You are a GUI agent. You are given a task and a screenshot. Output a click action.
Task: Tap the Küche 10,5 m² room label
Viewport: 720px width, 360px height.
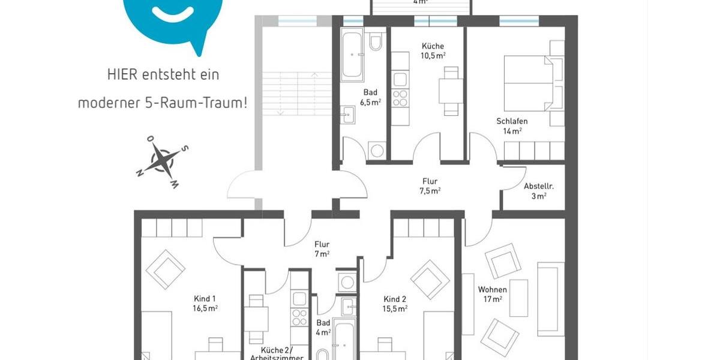pos(433,50)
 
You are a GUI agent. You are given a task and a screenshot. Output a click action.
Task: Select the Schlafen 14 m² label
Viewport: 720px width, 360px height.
pos(512,125)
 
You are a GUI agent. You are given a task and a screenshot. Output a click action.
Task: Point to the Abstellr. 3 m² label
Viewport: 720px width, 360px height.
pos(538,191)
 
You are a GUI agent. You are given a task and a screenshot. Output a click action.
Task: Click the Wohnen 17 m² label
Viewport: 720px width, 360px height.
pos(492,295)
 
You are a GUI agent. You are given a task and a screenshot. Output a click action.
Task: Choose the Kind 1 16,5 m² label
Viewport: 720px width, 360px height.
pos(205,303)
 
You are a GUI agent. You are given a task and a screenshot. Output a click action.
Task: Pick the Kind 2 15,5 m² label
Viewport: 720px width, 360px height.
pos(395,304)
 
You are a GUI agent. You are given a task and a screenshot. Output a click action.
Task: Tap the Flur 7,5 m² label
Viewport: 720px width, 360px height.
pos(429,185)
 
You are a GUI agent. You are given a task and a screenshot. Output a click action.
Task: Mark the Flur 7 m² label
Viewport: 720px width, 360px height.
pos(322,249)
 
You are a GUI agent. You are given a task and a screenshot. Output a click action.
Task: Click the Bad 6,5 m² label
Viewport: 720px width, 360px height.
pos(370,97)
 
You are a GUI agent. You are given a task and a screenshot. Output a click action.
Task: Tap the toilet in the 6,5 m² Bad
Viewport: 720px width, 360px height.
pos(376,42)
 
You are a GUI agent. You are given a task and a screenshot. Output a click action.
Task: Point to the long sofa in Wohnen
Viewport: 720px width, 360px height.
pos(550,298)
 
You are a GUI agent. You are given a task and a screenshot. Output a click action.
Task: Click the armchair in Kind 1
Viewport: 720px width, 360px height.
pos(165,269)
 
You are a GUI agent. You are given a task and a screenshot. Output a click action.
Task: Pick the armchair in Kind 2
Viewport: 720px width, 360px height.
pos(430,279)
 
